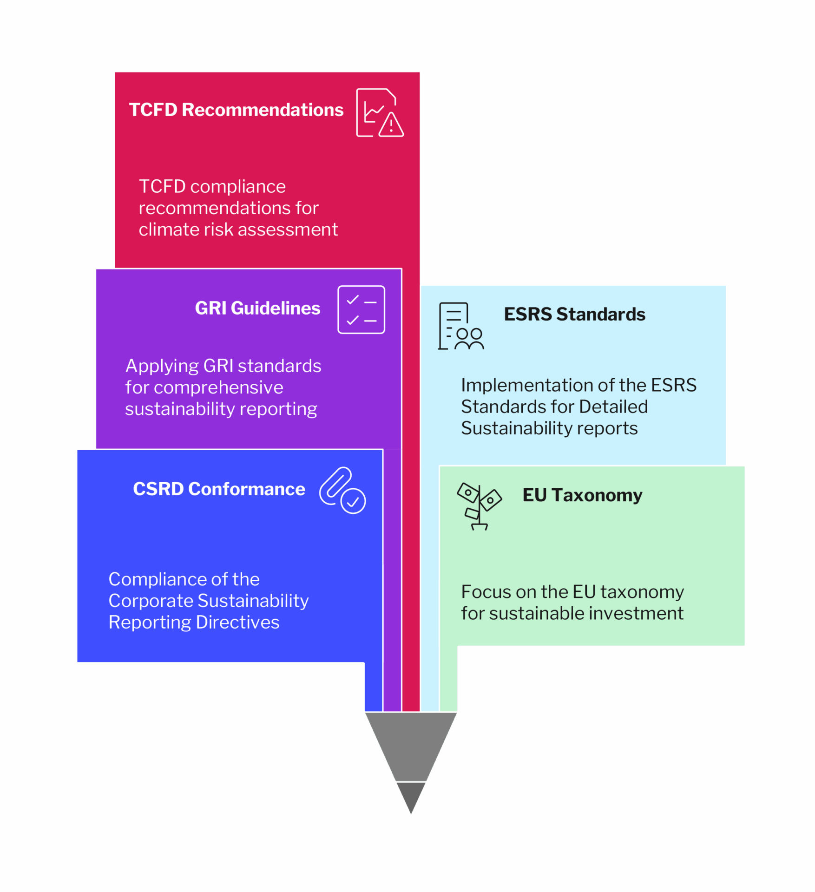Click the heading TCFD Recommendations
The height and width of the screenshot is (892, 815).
[236, 110]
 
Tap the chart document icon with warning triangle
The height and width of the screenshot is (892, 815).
[379, 112]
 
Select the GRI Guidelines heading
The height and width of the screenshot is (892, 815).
[257, 308]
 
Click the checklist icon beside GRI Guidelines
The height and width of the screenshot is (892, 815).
[361, 309]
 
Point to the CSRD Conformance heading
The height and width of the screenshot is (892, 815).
[219, 489]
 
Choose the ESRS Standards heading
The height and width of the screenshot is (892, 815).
[574, 314]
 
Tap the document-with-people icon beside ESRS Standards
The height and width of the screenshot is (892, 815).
[460, 326]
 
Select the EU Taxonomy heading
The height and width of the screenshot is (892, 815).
[582, 495]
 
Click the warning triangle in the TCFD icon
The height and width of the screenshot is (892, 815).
[391, 125]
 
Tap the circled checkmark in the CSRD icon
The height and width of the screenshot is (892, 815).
[353, 501]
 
